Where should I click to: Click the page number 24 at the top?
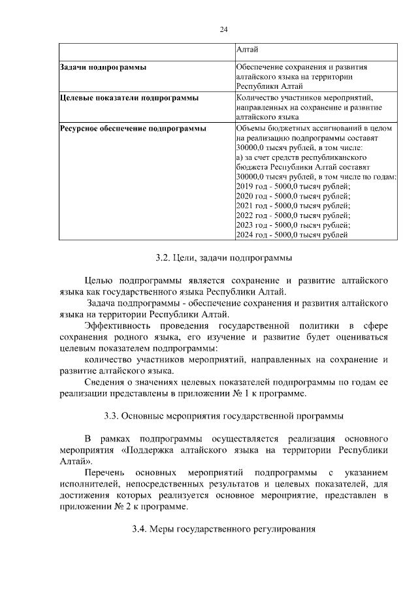tap(223, 29)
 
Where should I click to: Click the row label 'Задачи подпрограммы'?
tap(103, 67)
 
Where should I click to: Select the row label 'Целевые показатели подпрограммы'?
tap(120, 97)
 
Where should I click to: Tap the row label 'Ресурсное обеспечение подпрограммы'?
tap(133, 128)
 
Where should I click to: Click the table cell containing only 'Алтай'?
tap(247, 50)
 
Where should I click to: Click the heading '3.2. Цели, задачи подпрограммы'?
tap(223, 258)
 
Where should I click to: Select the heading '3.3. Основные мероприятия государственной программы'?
tap(223, 415)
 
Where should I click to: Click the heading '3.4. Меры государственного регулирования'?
tap(223, 530)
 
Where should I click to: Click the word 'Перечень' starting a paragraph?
tap(104, 472)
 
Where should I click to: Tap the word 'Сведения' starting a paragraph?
tap(105, 383)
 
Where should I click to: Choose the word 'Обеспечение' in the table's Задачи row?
tap(262, 67)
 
